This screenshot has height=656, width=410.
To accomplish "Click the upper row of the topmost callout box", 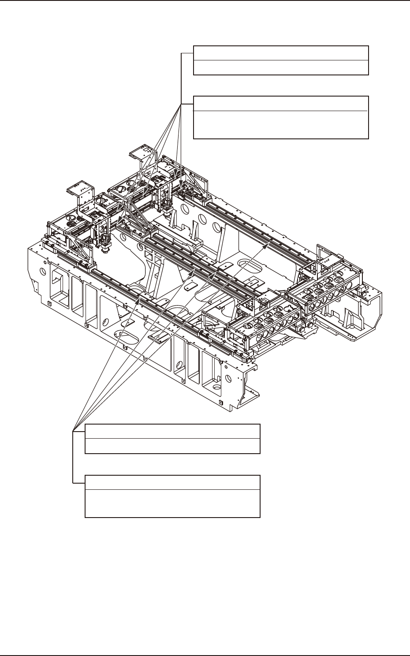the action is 281,52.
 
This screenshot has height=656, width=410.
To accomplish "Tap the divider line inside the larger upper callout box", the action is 281,111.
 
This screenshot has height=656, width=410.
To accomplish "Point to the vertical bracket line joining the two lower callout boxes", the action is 73,457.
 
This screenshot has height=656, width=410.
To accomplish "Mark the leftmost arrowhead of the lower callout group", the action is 141,296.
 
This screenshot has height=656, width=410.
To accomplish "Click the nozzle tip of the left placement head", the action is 106,251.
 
